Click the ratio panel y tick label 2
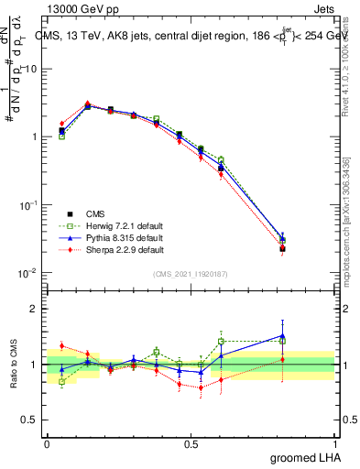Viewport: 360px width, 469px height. (x=34, y=309)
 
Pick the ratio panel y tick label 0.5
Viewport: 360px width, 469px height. (x=29, y=420)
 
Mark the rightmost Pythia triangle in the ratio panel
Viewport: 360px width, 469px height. (x=282, y=335)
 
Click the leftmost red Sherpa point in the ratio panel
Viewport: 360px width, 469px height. (x=61, y=345)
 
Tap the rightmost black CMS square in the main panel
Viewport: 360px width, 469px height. (x=282, y=248)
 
